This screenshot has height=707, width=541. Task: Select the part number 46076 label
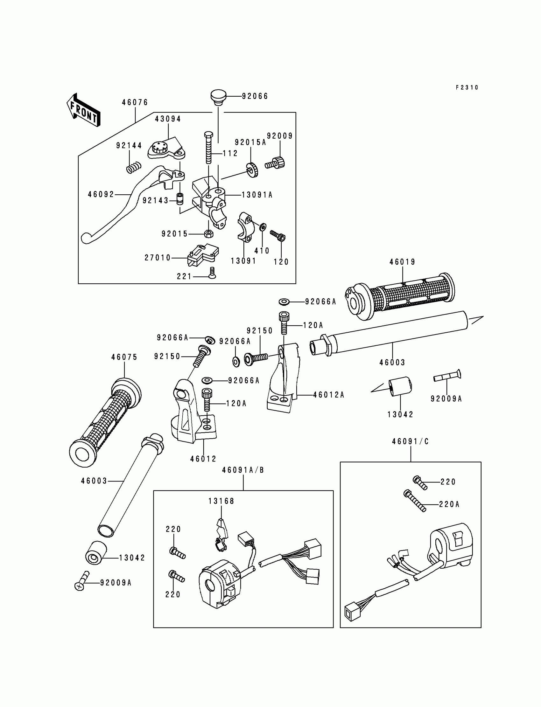(x=135, y=102)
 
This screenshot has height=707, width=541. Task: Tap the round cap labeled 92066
(x=219, y=97)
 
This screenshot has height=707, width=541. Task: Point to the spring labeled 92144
(x=134, y=167)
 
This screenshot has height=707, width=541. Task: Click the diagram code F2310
(x=467, y=87)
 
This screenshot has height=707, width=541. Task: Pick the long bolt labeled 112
(x=209, y=148)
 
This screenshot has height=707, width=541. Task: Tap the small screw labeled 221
(x=212, y=273)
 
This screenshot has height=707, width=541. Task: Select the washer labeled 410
(x=263, y=227)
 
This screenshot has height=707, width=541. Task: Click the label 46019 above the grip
(x=402, y=262)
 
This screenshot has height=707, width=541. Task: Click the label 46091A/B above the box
(x=243, y=470)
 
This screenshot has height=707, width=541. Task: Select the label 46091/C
(x=410, y=441)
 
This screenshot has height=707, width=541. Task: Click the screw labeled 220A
(x=415, y=501)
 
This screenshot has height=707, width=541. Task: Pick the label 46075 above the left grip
(x=124, y=357)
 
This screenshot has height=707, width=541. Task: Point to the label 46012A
(x=328, y=395)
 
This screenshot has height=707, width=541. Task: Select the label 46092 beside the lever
(x=101, y=194)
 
